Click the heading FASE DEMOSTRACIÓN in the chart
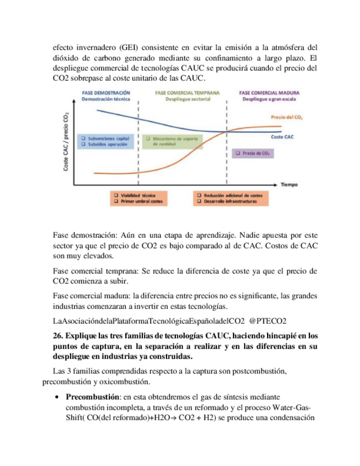106,93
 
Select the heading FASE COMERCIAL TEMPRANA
188,93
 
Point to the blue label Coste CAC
283,136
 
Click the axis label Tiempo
289,185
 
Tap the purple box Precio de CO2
252,154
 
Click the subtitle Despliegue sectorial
188,99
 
